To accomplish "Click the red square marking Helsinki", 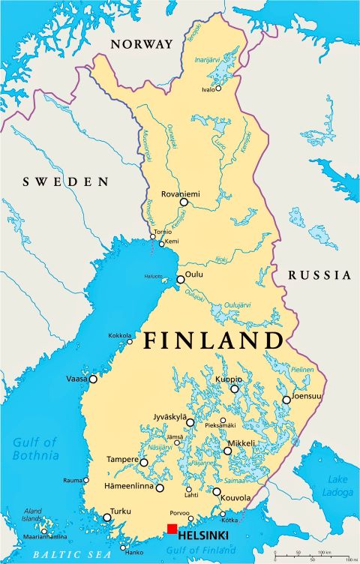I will [172, 529].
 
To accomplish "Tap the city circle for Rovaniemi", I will [184, 202].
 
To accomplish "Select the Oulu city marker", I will [180, 280].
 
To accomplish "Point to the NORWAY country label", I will [141, 44].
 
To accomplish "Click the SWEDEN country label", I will [66, 181].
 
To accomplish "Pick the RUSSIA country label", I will [319, 274].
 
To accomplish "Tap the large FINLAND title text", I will [213, 340].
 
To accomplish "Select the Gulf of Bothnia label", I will [35, 448].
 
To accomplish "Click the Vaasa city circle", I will [94, 379].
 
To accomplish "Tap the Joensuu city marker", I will [286, 400].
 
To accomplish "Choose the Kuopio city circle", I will [235, 388].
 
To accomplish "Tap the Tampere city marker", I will [144, 463].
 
